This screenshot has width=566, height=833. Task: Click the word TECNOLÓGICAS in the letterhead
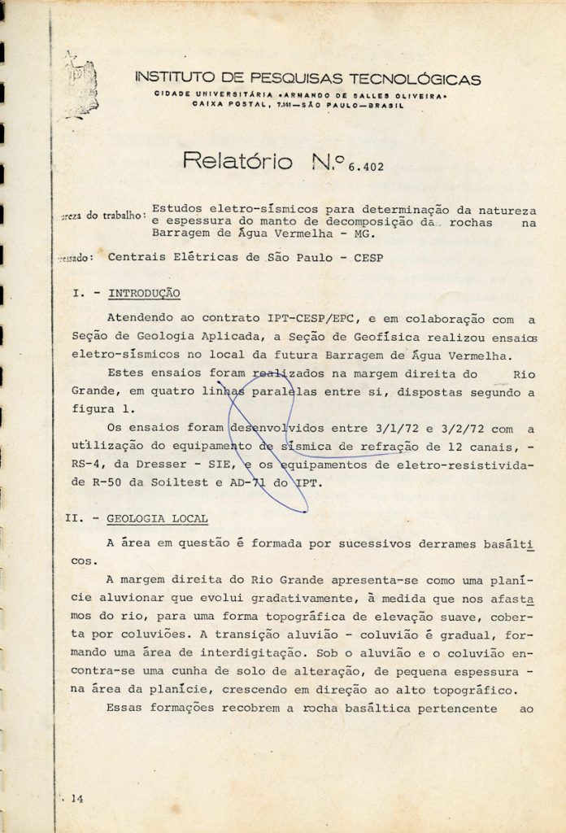pyautogui.click(x=414, y=79)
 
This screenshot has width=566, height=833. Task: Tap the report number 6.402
pyautogui.click(x=358, y=168)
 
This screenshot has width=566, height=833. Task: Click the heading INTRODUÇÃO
pyautogui.click(x=144, y=291)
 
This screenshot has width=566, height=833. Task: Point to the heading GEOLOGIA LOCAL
pyautogui.click(x=157, y=517)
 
